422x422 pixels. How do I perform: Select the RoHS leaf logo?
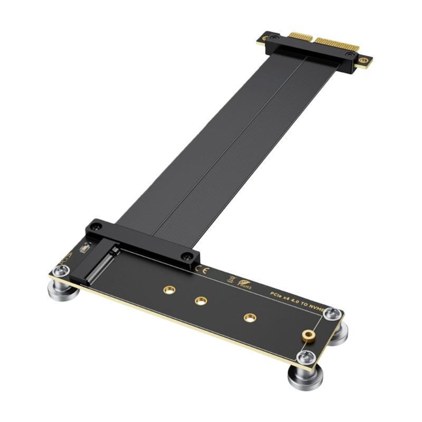(x=244, y=285)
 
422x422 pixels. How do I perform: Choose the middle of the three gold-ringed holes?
(x=200, y=301)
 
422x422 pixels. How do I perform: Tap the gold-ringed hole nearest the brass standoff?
(x=250, y=318)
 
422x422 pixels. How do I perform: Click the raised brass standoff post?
(x=306, y=336)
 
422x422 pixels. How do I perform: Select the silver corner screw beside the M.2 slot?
(x=62, y=271)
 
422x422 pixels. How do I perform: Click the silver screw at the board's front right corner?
(x=305, y=357)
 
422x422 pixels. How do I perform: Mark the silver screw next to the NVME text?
(x=332, y=315)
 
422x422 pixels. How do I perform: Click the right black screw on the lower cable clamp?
(x=186, y=256)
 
